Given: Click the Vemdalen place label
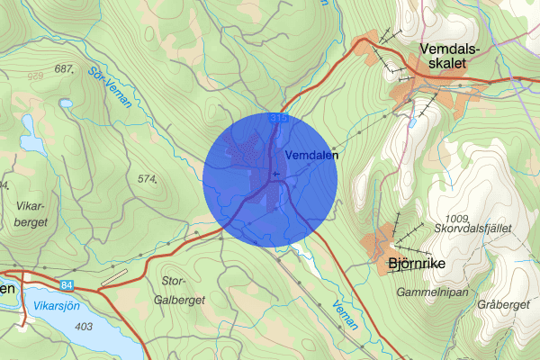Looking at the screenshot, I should (311, 155).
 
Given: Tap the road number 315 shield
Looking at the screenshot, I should (277, 118).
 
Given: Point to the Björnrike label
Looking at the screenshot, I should (417, 264).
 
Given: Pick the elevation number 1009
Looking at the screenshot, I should (457, 218).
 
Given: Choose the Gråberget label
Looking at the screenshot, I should (503, 305).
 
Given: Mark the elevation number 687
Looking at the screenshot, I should (64, 68).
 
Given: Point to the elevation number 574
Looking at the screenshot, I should (148, 179).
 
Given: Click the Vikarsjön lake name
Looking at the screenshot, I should (54, 306).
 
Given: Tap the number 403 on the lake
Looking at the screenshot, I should (84, 325).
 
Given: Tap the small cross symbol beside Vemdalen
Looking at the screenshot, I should (275, 171).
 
